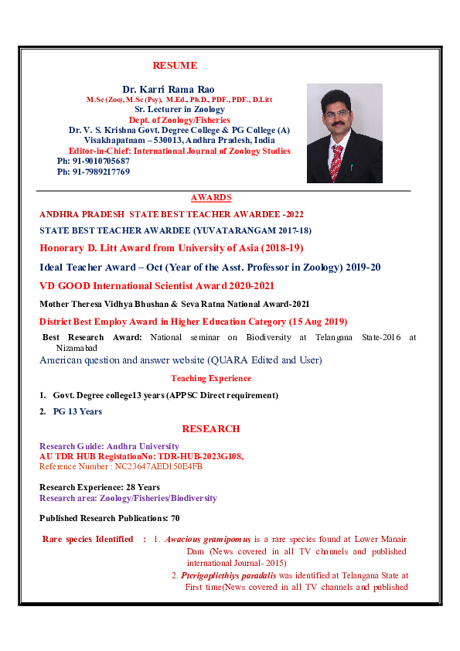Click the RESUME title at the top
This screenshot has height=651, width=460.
(175, 66)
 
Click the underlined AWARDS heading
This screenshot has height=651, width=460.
(211, 198)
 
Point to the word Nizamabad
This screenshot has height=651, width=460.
(63, 349)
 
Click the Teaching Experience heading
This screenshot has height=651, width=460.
(211, 378)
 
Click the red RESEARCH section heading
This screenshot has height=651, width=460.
(211, 428)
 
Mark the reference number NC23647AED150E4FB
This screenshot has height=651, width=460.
(158, 466)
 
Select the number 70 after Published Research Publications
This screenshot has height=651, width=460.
(175, 517)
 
